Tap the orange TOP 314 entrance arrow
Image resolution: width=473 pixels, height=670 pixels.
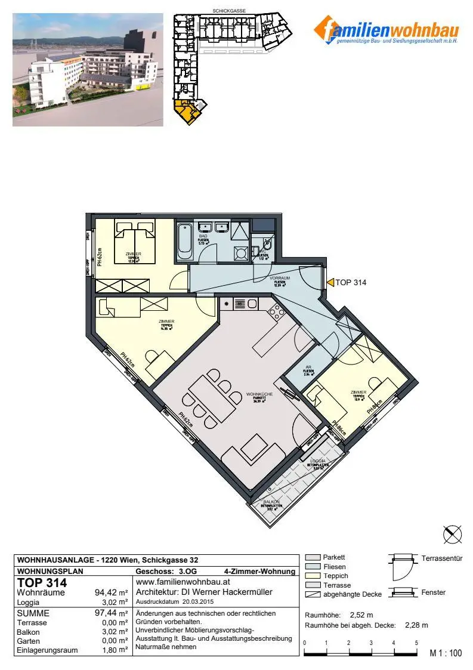(x=330, y=283)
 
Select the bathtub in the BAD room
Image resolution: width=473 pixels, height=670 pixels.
(x=183, y=241)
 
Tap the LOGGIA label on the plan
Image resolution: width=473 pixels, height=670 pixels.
(x=317, y=462)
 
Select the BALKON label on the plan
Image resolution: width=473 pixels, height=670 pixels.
(x=272, y=503)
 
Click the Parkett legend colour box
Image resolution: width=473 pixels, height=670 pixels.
(x=313, y=557)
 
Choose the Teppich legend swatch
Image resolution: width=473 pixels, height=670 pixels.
(x=313, y=576)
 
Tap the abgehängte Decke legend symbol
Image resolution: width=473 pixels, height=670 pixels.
(x=313, y=595)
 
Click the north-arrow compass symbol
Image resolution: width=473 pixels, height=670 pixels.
(x=452, y=534)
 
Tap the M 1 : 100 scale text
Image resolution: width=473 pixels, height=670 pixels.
(x=446, y=653)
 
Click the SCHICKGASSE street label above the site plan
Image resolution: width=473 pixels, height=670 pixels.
(x=229, y=11)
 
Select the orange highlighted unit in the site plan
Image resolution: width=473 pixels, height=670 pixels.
(x=184, y=113)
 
